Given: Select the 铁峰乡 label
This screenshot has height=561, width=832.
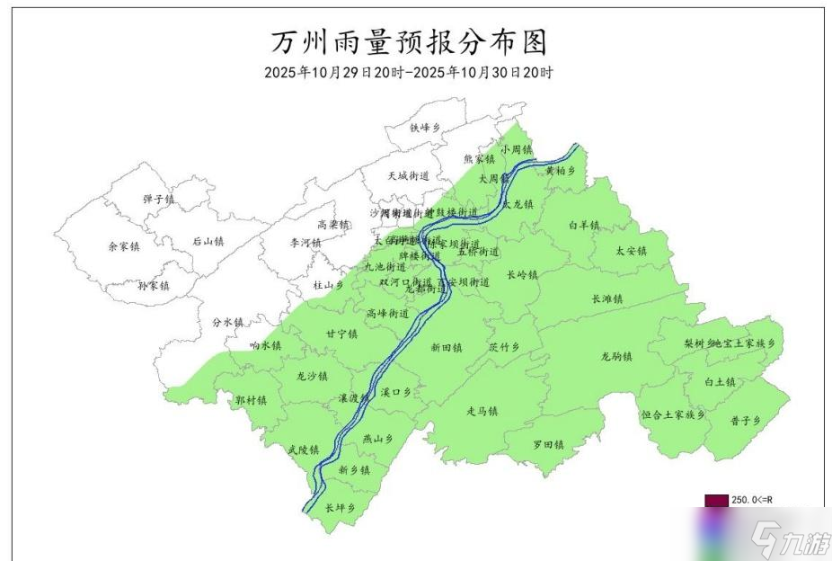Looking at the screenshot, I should (426, 129).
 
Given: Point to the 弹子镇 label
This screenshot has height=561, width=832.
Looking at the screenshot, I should (158, 199).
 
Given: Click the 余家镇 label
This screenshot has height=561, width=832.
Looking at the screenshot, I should (124, 245).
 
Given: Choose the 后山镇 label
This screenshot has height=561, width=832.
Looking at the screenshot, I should (208, 241).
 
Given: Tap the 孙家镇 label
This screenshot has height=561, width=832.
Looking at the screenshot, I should (153, 285).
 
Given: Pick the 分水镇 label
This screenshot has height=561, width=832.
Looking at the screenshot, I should (228, 321).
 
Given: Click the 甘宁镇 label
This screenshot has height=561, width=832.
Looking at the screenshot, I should (341, 334).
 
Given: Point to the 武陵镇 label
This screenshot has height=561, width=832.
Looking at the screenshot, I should (304, 449).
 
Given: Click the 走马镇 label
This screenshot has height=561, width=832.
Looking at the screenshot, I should (482, 411).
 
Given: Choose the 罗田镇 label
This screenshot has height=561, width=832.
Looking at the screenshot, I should (547, 444).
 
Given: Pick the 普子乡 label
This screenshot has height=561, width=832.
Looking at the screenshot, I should (746, 421).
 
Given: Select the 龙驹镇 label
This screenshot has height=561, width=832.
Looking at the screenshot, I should (616, 356).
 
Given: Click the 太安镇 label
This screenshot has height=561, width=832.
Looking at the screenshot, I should (631, 251).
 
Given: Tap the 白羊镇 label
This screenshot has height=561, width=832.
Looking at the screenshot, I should (584, 225).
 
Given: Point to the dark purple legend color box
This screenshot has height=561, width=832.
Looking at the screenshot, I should (715, 500).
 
